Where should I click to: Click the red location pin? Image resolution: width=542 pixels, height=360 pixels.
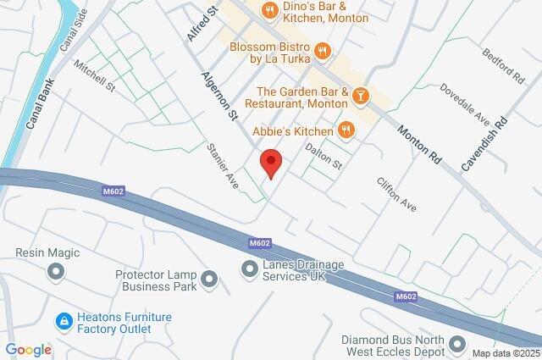[x=270, y=162]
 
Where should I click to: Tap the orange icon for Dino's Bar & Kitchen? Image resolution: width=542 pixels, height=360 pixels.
[x=270, y=11]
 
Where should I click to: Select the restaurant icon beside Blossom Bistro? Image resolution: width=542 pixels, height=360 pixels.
[x=321, y=52]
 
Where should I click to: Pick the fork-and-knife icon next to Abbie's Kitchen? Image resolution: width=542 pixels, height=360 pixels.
[x=345, y=130]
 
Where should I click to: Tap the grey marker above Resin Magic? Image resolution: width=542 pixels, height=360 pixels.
[x=56, y=272]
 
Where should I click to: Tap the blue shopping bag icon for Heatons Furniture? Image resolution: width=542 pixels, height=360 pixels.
[x=64, y=322]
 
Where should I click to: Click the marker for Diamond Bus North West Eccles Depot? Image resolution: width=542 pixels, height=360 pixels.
[x=458, y=344]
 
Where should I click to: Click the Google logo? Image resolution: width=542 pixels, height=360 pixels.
[x=29, y=350]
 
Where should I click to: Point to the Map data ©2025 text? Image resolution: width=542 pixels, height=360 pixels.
[x=505, y=352]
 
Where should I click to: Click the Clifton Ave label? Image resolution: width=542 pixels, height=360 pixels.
[x=396, y=193]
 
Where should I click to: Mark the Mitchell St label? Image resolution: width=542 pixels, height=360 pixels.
[x=93, y=75]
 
